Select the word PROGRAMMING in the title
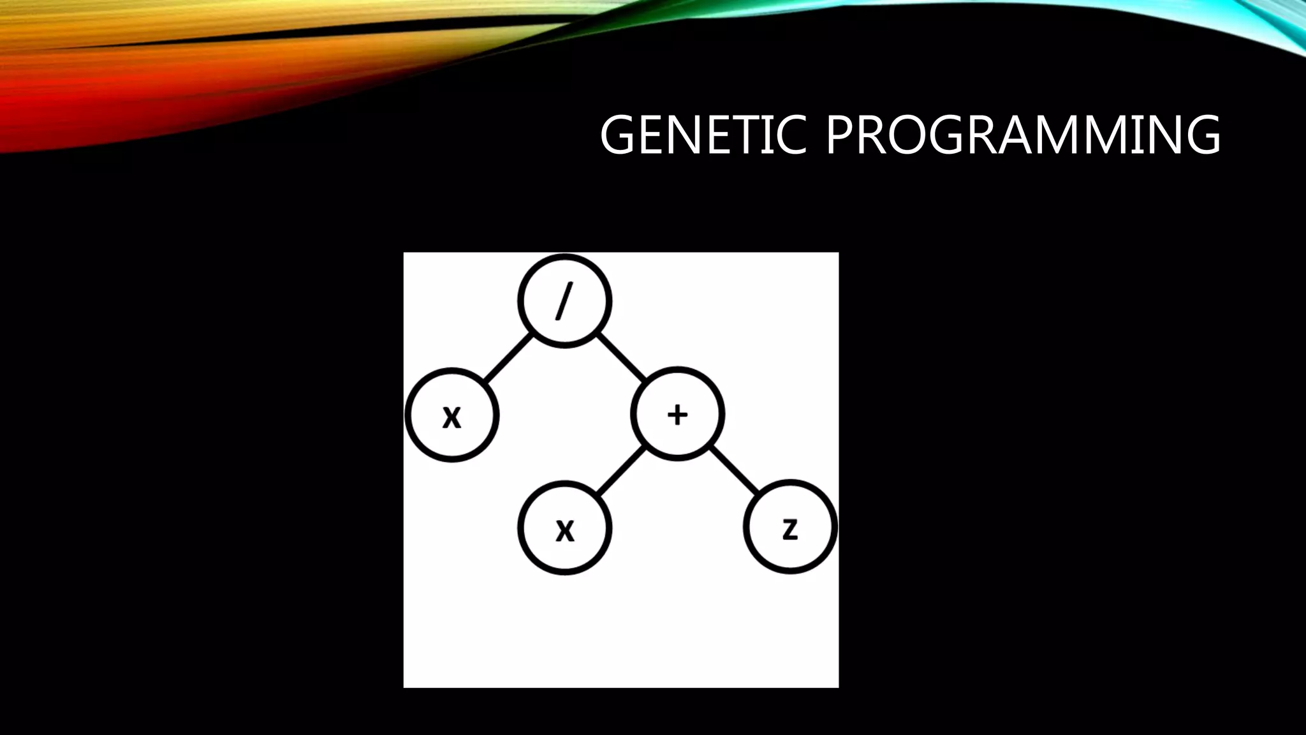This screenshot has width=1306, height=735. tap(1023, 135)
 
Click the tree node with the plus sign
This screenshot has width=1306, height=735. tap(677, 414)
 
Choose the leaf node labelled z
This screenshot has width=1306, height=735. tap(790, 527)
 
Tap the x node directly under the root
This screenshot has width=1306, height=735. tap(451, 415)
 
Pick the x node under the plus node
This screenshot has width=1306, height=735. tap(564, 528)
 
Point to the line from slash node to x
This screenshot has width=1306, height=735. tap(508, 359)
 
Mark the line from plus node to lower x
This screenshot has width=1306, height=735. tap(620, 471)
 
